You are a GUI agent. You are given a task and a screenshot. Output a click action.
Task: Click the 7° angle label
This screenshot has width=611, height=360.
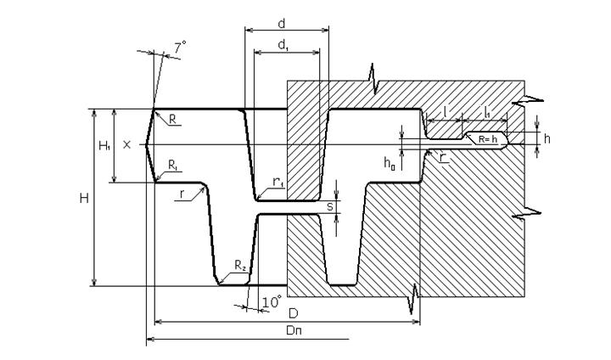(x=180, y=48)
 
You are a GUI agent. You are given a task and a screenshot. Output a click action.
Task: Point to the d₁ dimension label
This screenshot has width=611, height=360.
(x=282, y=46)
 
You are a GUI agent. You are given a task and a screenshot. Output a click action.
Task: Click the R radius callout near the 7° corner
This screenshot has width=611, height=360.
(x=172, y=120)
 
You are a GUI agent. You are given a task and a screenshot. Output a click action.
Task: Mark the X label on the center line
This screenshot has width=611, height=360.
(x=126, y=145)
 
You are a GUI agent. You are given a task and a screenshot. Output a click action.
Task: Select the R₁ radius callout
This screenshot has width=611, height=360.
(x=172, y=164)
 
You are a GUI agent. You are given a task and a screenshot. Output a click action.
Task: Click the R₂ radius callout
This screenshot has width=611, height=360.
(x=240, y=268)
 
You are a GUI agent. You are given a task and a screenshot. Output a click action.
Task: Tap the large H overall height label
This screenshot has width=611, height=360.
(x=83, y=198)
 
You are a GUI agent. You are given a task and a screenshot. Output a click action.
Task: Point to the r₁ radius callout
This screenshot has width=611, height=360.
(x=277, y=182)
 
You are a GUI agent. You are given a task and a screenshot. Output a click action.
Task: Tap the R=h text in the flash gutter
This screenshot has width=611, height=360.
(x=487, y=138)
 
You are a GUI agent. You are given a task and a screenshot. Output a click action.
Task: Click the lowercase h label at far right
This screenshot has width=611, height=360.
(x=547, y=138)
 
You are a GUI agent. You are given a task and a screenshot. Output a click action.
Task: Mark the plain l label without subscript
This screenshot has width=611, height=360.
(x=445, y=111)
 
